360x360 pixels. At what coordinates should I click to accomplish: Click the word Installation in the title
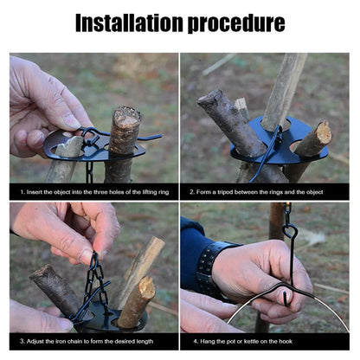(x=127, y=22)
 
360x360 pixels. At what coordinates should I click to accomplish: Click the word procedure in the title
(x=234, y=22)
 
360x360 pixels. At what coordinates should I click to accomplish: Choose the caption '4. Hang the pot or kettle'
(x=252, y=341)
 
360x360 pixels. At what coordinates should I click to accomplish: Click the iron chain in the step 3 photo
(x=94, y=277)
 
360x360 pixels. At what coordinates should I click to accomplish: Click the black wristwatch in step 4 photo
(x=209, y=270)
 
